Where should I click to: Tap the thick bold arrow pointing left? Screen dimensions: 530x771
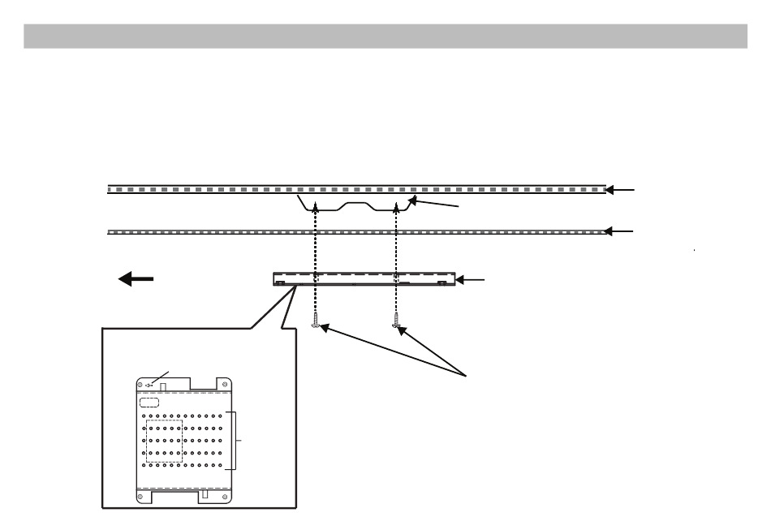[x=136, y=279]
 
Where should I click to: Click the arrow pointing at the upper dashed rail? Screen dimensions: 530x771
[x=622, y=190]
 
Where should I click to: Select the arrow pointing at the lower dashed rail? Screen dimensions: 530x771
[x=622, y=231]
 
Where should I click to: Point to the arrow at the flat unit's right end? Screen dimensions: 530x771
[x=471, y=280]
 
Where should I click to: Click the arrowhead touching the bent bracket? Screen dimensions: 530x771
[x=413, y=200]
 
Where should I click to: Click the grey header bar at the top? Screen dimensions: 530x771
[x=385, y=36]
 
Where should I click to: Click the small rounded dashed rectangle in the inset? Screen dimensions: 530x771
[x=147, y=402]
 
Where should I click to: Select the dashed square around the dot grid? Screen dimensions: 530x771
[x=165, y=441]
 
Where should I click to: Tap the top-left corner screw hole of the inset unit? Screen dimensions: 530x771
[x=140, y=382]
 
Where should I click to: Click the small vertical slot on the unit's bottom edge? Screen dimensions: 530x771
[x=205, y=493]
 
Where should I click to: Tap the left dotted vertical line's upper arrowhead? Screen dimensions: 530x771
[x=316, y=209]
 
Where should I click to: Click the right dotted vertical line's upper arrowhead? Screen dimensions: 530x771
[x=396, y=209]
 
